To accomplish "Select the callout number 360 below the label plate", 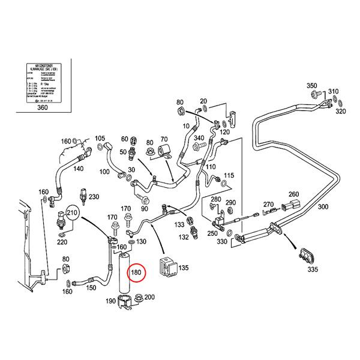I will click(x=42, y=107).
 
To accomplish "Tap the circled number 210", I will click(x=73, y=212).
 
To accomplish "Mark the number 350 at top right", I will click(x=312, y=86).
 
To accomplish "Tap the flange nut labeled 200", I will click(x=137, y=298).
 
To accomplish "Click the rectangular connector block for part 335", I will click(x=307, y=256).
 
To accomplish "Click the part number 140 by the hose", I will click(x=79, y=169).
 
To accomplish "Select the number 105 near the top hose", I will click(x=100, y=138).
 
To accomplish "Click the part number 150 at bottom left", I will click(x=92, y=288).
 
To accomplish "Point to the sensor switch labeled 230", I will click(x=82, y=197).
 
